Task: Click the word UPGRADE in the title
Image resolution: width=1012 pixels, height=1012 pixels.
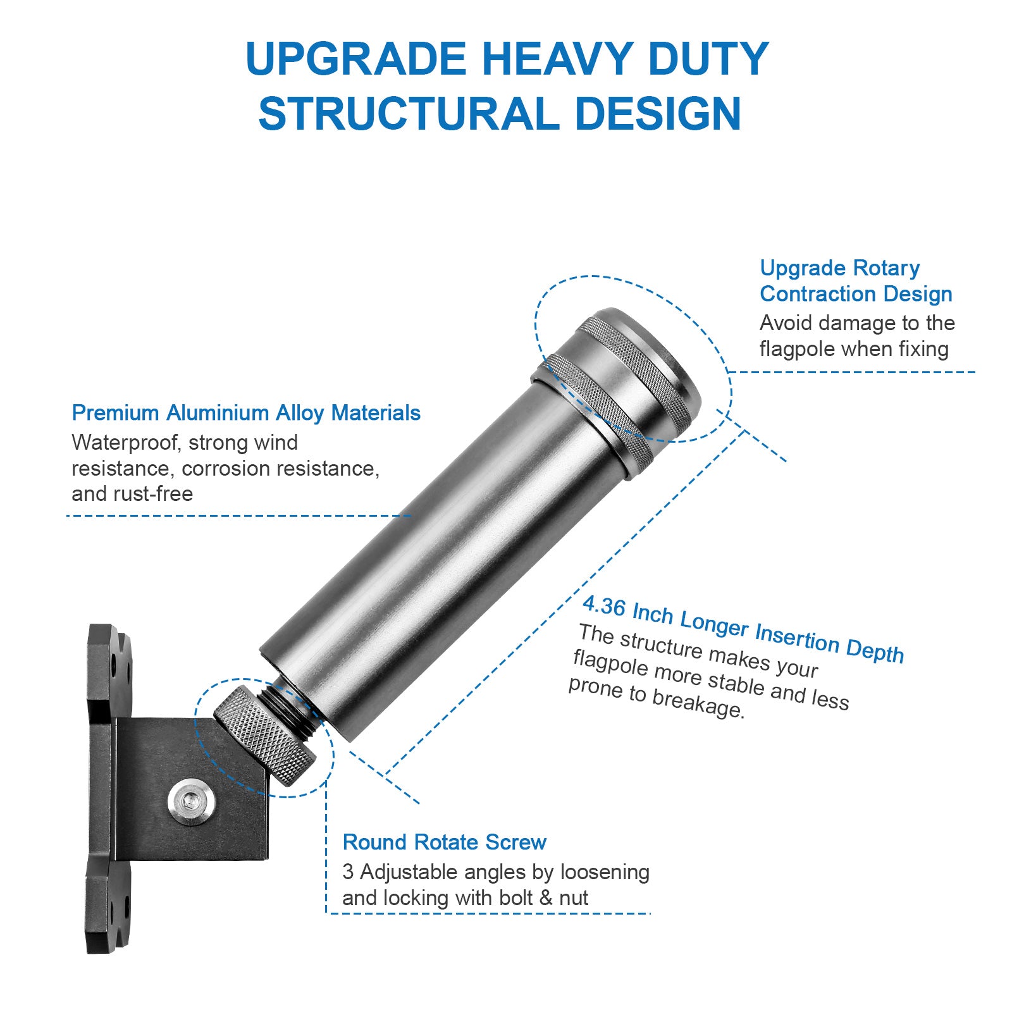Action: tap(355, 59)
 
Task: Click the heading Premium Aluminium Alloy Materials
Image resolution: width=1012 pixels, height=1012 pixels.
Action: tap(246, 413)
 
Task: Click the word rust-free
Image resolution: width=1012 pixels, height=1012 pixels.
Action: tap(154, 494)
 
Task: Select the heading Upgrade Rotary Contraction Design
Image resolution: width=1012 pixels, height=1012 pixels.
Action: tap(856, 281)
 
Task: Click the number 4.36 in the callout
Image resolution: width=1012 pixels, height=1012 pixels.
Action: tap(604, 606)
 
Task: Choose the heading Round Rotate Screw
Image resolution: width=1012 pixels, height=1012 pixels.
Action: tap(445, 842)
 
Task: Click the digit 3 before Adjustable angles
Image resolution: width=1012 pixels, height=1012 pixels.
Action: tap(348, 872)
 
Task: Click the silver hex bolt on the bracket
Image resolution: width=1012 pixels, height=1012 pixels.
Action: tap(191, 803)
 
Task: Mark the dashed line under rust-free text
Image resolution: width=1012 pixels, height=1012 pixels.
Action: tap(238, 515)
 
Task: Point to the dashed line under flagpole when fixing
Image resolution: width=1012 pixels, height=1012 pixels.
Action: tap(851, 372)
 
